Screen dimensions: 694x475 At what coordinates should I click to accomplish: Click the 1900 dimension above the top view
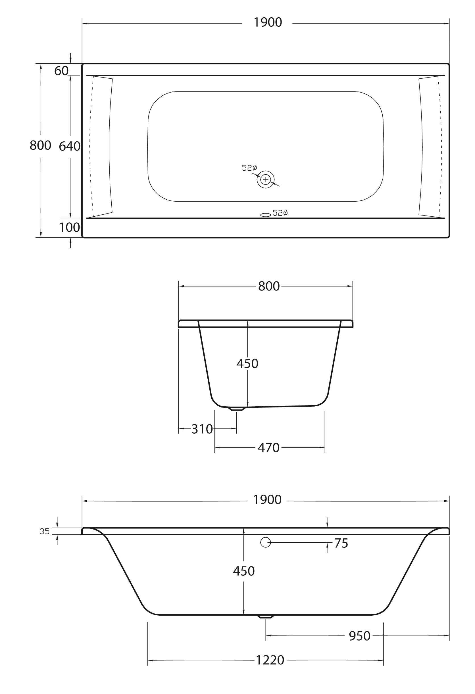pos(267,23)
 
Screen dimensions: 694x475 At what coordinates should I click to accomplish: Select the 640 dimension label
pos(70,146)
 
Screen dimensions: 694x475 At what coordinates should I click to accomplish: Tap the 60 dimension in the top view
pos(62,71)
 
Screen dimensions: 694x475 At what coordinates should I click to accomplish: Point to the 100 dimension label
pos(70,227)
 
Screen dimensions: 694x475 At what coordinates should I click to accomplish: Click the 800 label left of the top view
pos(40,145)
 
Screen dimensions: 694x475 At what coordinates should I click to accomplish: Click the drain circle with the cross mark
pos(266,179)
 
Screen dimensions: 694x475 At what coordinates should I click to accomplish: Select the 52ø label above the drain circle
pos(249,168)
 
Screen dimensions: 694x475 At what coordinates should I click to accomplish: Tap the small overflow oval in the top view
pos(266,215)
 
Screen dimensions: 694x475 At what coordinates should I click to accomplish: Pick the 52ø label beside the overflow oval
pos(280,213)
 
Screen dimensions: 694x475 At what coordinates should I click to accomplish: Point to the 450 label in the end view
pos(247,364)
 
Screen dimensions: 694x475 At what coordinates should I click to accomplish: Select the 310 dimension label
pos(202,429)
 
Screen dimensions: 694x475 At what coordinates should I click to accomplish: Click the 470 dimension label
pos(268,448)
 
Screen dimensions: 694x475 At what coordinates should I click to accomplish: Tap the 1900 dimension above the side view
pos(267,500)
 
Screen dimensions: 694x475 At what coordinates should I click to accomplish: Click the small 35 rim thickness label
pos(45,531)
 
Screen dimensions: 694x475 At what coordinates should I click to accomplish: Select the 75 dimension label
pos(341,544)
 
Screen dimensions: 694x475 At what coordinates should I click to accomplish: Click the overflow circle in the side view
pos(266,542)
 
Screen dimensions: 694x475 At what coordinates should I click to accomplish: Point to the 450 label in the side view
pos(244,571)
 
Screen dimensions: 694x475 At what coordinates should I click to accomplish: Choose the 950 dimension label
pos(359,636)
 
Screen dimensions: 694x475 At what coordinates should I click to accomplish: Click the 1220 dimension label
pos(270,660)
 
